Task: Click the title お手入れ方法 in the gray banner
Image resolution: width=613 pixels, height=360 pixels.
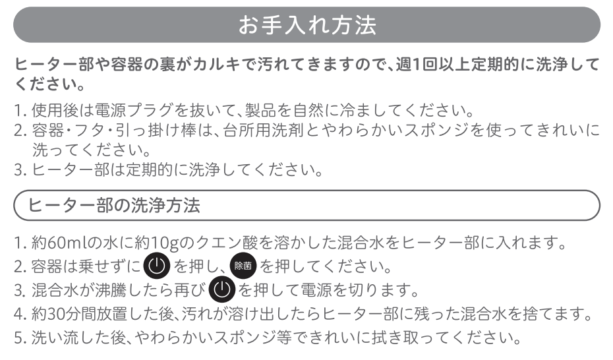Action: (x=307, y=25)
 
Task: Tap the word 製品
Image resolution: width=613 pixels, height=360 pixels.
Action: (x=261, y=110)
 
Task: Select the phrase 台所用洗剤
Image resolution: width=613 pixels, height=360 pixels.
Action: (x=264, y=130)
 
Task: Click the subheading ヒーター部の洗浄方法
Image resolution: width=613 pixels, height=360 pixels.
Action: (x=114, y=205)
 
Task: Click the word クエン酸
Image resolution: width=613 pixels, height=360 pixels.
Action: (x=227, y=243)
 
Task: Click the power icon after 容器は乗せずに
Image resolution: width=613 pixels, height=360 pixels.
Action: (x=156, y=266)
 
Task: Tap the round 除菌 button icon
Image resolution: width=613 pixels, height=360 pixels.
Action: (x=243, y=266)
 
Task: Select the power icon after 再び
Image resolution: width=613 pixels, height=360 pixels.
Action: (x=222, y=289)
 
